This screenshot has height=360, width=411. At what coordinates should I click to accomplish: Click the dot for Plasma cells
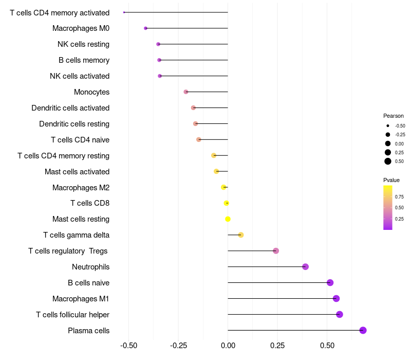[x=363, y=330]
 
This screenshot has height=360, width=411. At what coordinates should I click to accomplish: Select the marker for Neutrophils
[x=305, y=266]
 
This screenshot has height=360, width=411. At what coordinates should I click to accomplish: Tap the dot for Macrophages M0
[x=145, y=28]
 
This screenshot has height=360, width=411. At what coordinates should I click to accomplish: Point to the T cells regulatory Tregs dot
[x=276, y=250]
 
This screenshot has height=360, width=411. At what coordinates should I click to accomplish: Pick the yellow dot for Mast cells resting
[x=228, y=219]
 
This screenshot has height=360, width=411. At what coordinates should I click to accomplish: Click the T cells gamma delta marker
[x=240, y=235]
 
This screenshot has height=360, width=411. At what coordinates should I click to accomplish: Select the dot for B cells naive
[x=330, y=282]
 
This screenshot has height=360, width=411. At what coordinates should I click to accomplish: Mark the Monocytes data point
[x=186, y=92]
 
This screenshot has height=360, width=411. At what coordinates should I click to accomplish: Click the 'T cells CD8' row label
[x=90, y=203]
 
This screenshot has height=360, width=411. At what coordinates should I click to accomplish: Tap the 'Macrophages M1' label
[x=81, y=299]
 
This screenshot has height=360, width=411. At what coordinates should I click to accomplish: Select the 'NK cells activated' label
[x=80, y=76]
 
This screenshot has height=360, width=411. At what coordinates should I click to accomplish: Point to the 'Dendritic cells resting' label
[x=74, y=124]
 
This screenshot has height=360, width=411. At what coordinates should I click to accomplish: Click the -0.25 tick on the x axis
[x=178, y=346]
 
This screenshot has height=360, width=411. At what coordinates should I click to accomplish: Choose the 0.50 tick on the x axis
[x=327, y=346]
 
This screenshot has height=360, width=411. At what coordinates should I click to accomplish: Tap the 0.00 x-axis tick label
[x=228, y=346]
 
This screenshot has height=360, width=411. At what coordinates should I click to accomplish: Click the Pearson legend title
[x=394, y=116]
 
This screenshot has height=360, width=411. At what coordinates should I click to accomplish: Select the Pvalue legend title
[x=391, y=180]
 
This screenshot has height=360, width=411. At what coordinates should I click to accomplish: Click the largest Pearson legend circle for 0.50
[x=387, y=161]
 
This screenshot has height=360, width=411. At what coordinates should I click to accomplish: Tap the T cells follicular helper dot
[x=339, y=314]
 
